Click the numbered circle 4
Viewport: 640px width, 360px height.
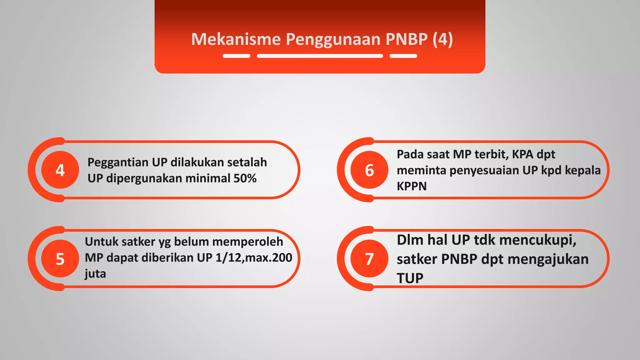coord(60,170)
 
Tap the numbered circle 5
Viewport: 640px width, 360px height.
coord(60,259)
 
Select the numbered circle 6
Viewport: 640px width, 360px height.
coord(369,170)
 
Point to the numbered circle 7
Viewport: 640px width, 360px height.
coord(369,259)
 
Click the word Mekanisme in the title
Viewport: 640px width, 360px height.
coord(236,39)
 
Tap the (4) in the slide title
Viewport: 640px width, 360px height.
coord(443,39)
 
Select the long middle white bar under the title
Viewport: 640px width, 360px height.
coord(320,56)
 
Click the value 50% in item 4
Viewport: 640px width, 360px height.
coord(245,178)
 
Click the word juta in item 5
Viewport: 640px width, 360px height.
coord(95,274)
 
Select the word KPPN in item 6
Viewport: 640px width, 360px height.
coord(412,187)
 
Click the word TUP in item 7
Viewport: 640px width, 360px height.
coord(410,278)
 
